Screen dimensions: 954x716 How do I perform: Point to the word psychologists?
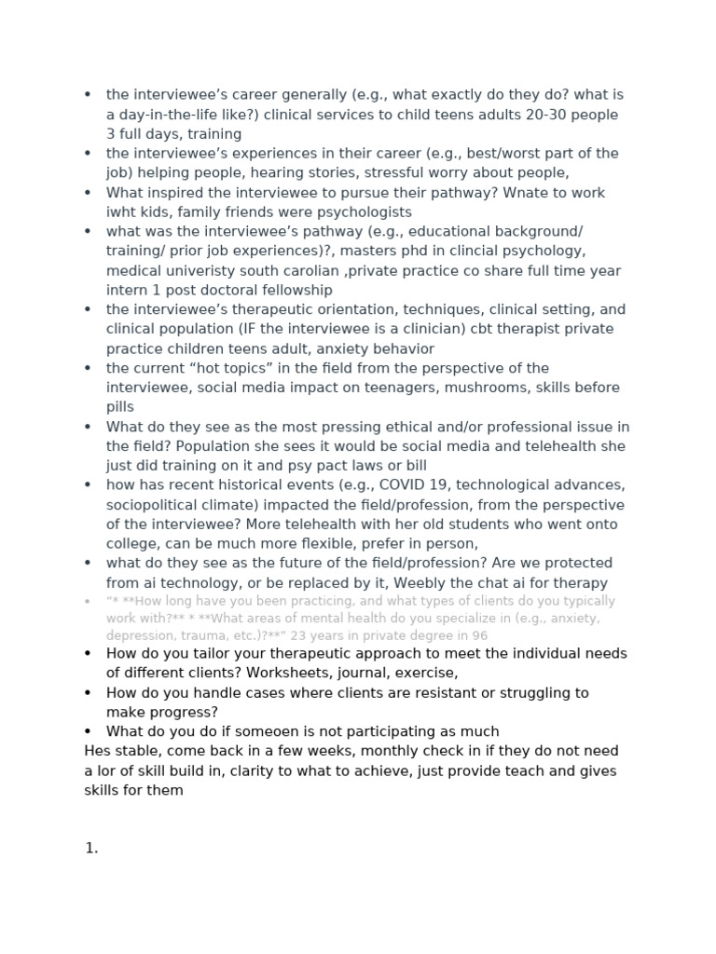351,211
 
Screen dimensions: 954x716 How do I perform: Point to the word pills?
120,407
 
